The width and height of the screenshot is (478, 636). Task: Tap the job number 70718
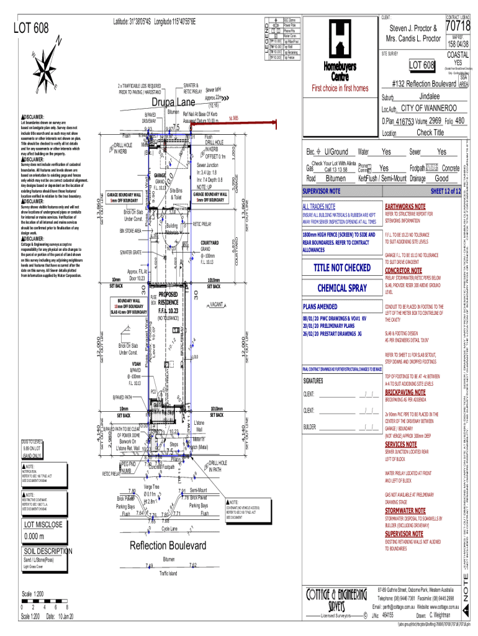click(x=458, y=27)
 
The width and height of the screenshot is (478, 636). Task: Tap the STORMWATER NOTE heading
click(x=405, y=510)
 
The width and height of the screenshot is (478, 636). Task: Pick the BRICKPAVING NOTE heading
click(x=407, y=393)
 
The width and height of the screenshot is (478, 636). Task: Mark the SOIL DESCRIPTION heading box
click(x=48, y=551)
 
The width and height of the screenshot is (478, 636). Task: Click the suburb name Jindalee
click(x=429, y=97)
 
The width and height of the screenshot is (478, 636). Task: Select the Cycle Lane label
click(x=169, y=529)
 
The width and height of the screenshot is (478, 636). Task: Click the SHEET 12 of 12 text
click(x=444, y=191)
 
